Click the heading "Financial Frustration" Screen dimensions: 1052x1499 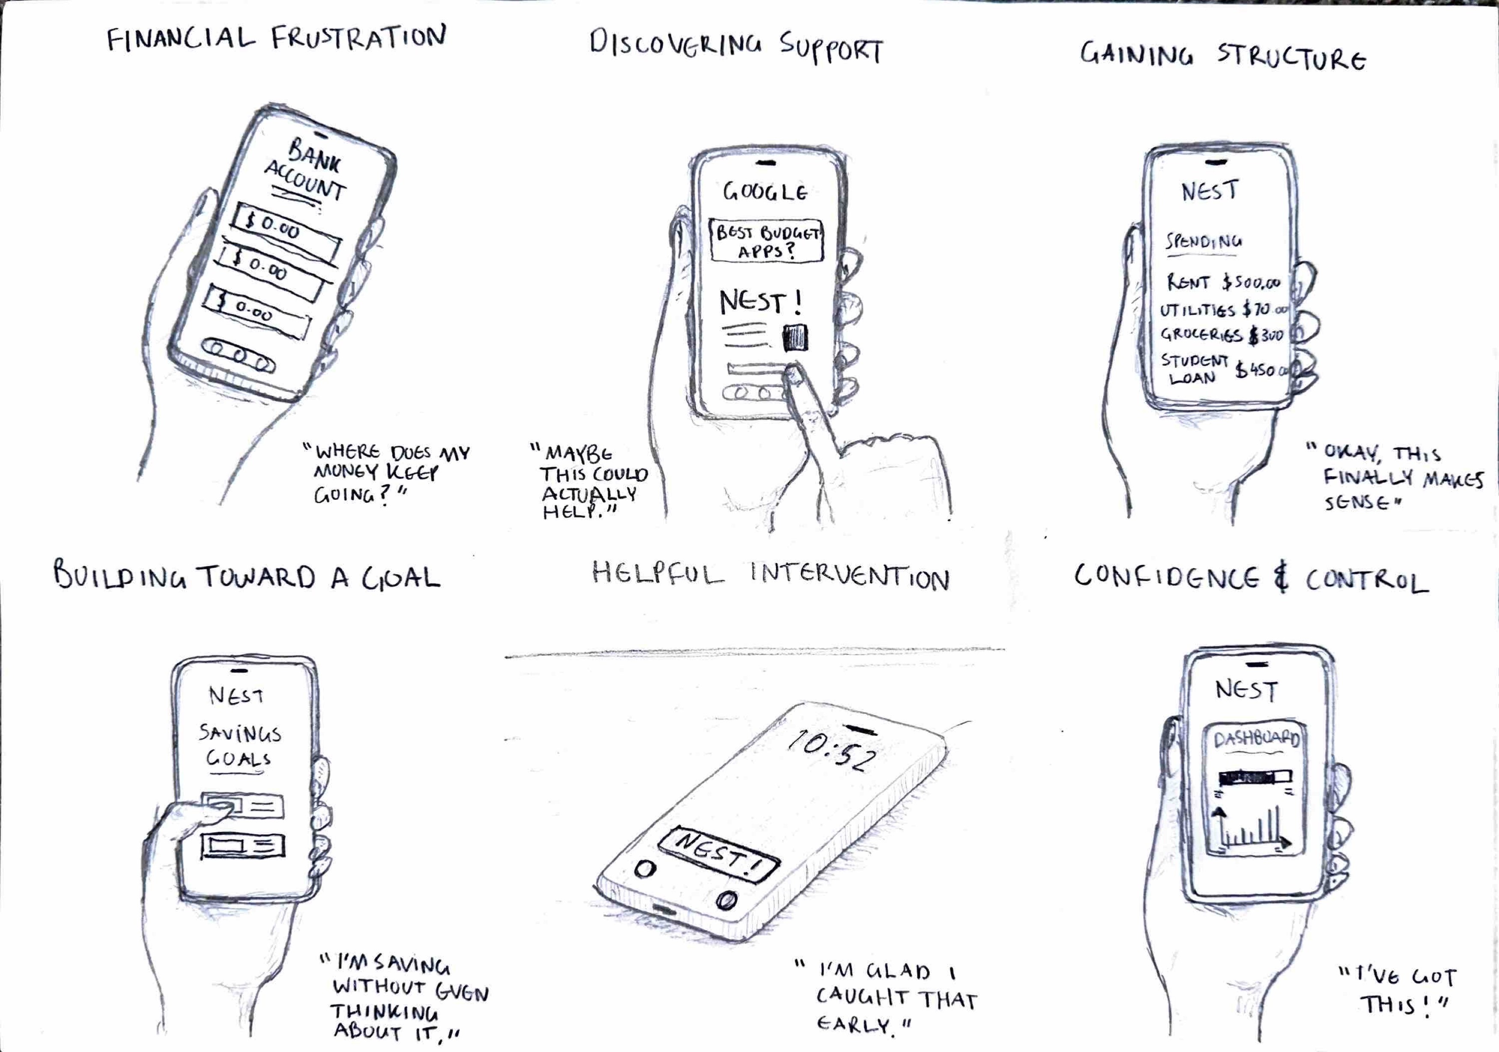pyautogui.click(x=277, y=38)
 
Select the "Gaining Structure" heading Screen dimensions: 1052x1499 pyautogui.click(x=1222, y=56)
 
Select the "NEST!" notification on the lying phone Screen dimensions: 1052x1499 pyautogui.click(x=719, y=854)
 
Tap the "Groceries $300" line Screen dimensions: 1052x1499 pyautogui.click(x=1221, y=335)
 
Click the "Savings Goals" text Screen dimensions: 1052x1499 pyautogui.click(x=239, y=746)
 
